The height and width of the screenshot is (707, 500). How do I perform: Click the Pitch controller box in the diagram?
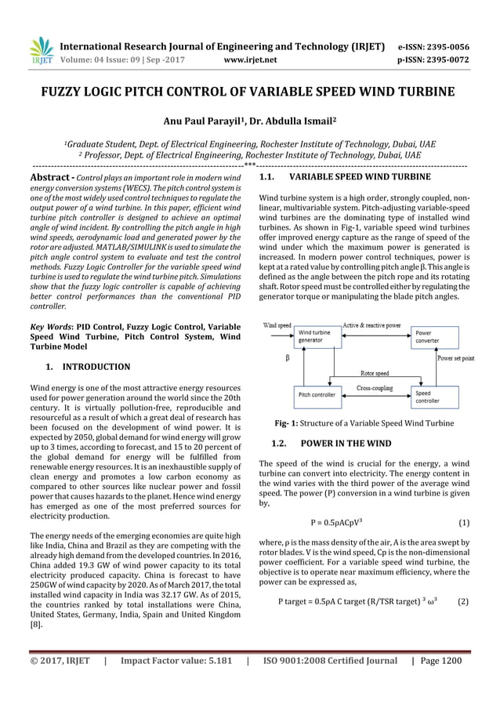317,395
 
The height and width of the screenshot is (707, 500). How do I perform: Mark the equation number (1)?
462,522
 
